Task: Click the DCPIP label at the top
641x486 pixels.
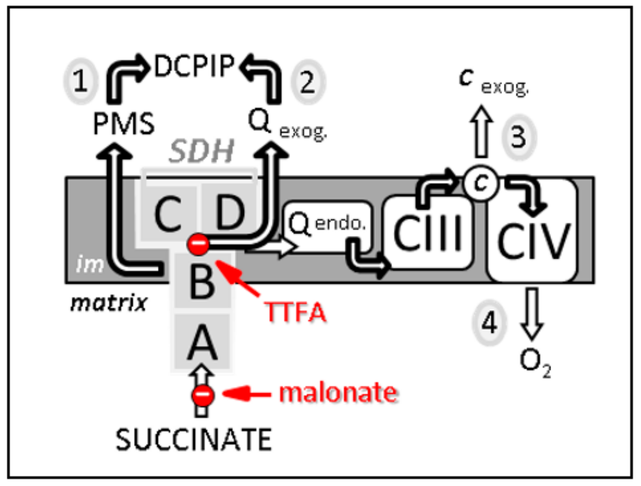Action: (194, 66)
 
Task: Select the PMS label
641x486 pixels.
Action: (123, 124)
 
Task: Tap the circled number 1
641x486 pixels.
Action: (80, 81)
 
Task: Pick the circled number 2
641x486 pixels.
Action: (308, 82)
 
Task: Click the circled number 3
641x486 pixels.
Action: (519, 137)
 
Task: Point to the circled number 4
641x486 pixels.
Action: (489, 323)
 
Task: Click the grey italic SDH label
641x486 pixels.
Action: (201, 151)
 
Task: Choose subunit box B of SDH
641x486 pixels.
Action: (202, 282)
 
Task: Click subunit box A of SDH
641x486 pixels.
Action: (202, 342)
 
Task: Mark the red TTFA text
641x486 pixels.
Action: (295, 312)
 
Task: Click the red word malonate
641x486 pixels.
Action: (338, 392)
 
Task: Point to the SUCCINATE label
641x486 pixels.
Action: (194, 439)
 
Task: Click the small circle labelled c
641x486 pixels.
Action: (481, 183)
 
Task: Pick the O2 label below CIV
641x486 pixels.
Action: (534, 362)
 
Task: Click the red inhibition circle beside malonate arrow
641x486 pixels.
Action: (203, 395)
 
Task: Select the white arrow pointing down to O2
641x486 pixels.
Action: (532, 313)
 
